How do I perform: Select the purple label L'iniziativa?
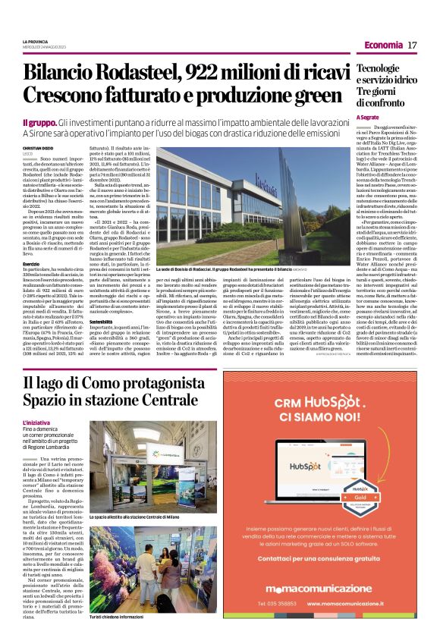click(37, 421)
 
